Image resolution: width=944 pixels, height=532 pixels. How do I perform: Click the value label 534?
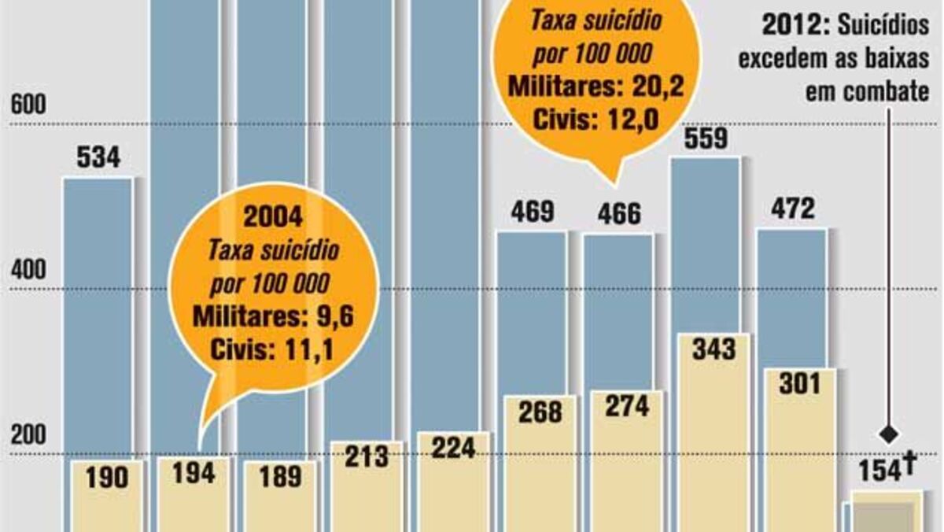(98, 157)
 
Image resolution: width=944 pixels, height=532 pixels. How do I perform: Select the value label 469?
(532, 212)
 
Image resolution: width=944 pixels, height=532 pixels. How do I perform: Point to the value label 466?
(618, 213)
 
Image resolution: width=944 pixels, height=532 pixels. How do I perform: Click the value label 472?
(792, 209)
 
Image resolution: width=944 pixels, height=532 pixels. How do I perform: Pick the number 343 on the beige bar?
(714, 349)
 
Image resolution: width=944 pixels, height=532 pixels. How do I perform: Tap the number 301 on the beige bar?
(801, 383)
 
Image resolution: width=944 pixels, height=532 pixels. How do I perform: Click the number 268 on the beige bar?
(540, 412)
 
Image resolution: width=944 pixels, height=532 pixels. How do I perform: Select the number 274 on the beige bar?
(627, 407)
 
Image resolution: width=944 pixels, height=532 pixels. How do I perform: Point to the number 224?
(454, 448)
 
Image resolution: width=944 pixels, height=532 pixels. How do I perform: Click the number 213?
(367, 456)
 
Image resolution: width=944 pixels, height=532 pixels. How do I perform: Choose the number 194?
(194, 474)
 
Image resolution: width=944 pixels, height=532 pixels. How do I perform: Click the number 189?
(280, 477)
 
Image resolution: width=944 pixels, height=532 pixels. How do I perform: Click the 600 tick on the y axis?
(26, 105)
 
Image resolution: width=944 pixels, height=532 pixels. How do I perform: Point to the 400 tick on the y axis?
(26, 270)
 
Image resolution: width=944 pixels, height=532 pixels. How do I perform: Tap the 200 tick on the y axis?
(26, 435)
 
